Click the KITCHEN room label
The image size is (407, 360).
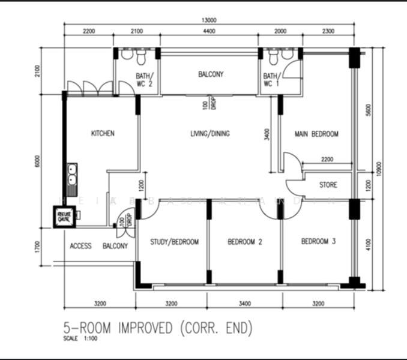(x=103, y=133)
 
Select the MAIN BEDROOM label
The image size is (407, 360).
(x=316, y=134)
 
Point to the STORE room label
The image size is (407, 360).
(x=328, y=185)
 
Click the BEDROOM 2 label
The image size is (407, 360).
(x=245, y=242)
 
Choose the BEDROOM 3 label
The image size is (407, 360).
(x=318, y=242)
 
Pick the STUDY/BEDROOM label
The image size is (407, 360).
(x=174, y=242)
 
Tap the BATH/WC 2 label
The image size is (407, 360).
(x=145, y=80)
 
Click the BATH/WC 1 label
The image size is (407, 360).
(x=271, y=80)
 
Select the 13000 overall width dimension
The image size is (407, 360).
(x=210, y=20)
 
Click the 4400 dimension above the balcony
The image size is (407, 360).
(x=210, y=31)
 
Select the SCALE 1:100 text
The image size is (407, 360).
(x=78, y=339)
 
